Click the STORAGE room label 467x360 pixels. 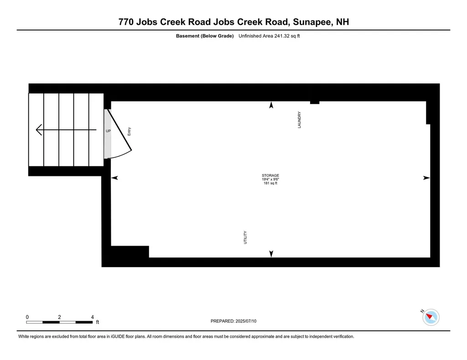270,175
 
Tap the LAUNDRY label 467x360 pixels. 300,120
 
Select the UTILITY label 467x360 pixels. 245,237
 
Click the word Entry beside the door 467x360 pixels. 130,131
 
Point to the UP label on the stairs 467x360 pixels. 108,131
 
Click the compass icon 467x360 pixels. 431,317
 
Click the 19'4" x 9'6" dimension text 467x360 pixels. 270,180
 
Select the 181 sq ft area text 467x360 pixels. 270,184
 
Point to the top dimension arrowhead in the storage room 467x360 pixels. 271,105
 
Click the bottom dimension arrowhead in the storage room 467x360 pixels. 271,253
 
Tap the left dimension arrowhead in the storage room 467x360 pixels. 114,178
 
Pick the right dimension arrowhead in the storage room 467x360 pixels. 426,178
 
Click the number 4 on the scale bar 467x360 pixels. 93,317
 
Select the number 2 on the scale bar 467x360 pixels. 60,317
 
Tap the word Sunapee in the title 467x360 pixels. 311,22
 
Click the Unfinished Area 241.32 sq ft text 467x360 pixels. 269,36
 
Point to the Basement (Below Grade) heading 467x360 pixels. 205,36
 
